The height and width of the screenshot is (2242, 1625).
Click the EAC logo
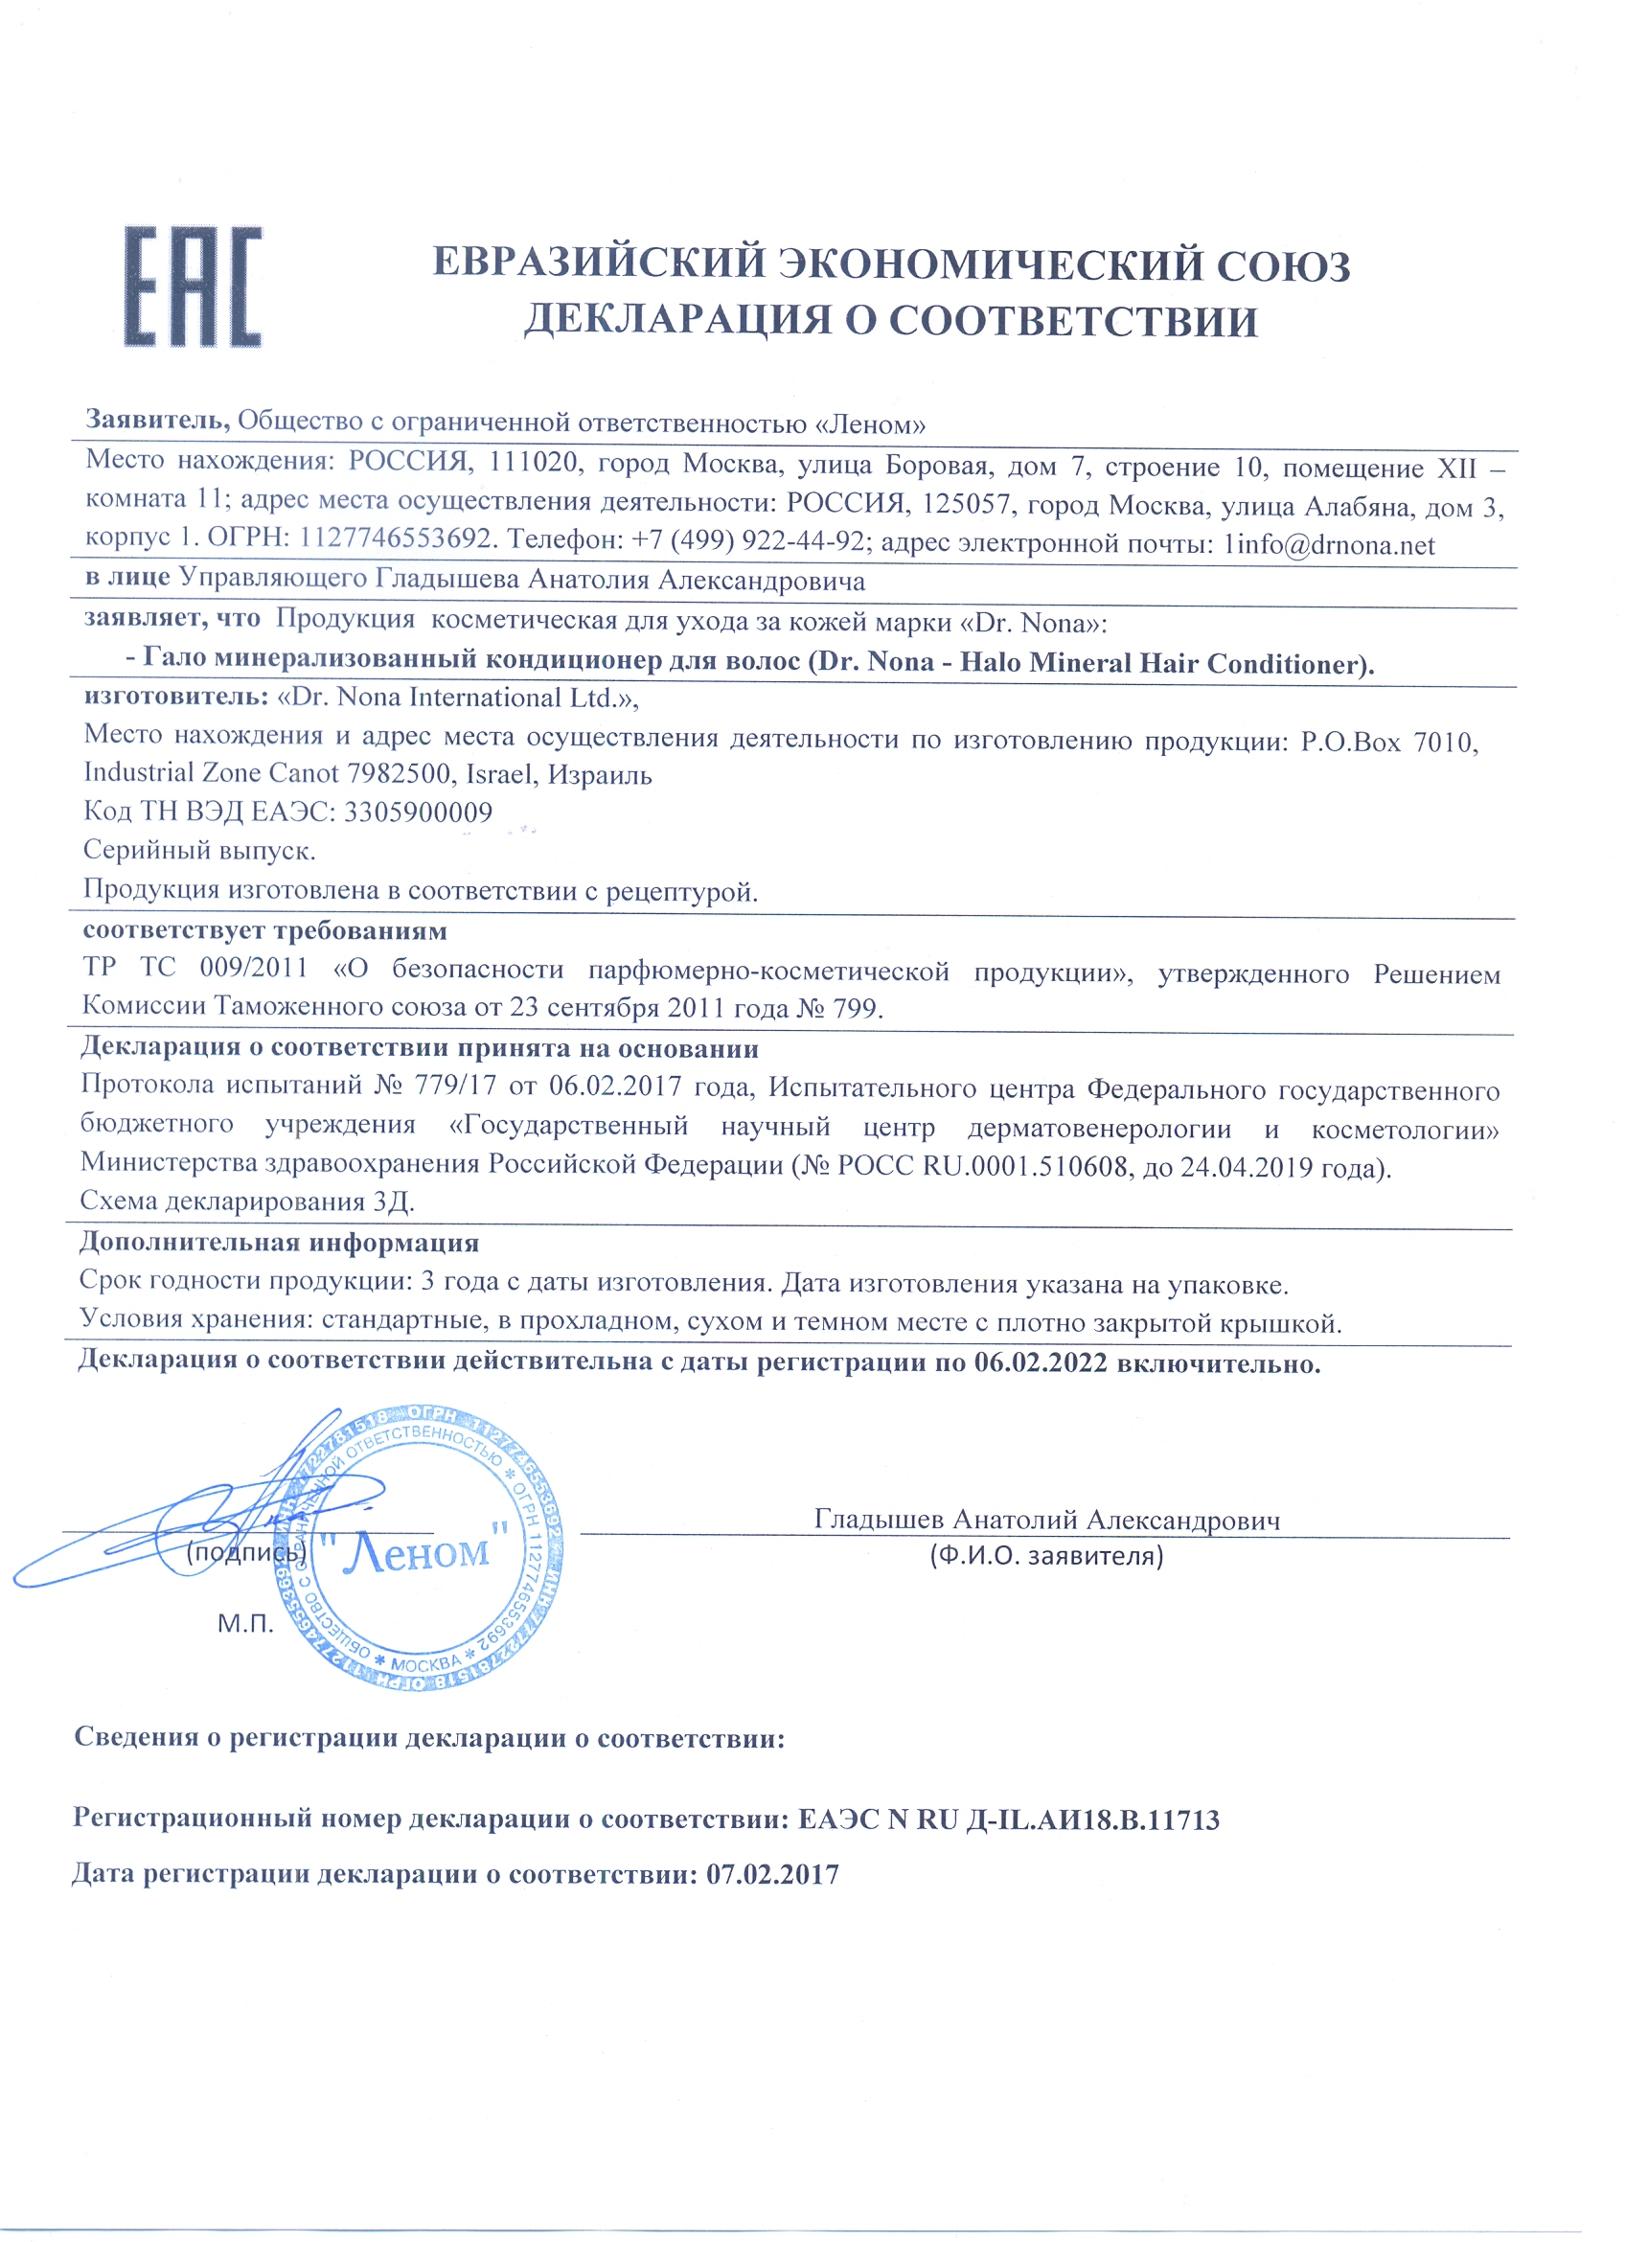(x=193, y=286)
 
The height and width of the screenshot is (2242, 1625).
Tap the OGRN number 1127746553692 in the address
(x=395, y=538)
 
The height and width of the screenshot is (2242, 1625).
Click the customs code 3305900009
(x=417, y=812)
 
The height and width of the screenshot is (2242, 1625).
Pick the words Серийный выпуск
(x=198, y=850)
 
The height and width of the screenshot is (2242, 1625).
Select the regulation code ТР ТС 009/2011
(x=195, y=968)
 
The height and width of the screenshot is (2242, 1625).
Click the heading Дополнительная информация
(x=279, y=1243)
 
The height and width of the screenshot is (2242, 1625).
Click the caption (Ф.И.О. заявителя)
(x=1045, y=1556)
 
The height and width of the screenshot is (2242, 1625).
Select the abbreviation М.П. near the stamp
(x=245, y=1623)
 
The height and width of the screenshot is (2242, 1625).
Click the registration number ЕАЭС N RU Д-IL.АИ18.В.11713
(x=1008, y=1819)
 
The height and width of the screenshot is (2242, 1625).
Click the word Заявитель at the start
(x=157, y=420)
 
